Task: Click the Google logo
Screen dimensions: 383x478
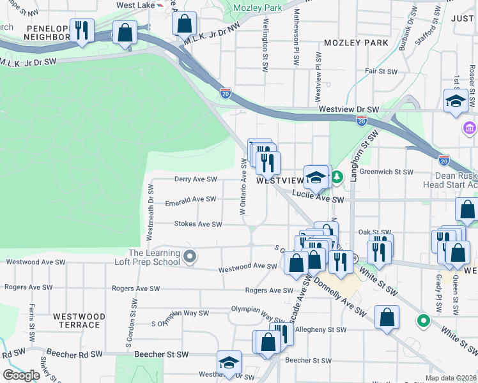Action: [21, 375]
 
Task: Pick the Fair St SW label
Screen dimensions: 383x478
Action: [381, 71]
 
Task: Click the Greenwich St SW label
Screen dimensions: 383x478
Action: [387, 172]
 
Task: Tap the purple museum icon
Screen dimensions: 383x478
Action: [470, 130]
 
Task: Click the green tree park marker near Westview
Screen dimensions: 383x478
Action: [336, 175]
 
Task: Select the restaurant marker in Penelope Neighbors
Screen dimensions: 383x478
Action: [82, 31]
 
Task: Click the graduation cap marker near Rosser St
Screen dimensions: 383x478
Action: [456, 101]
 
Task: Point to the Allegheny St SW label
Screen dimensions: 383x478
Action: [321, 330]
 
